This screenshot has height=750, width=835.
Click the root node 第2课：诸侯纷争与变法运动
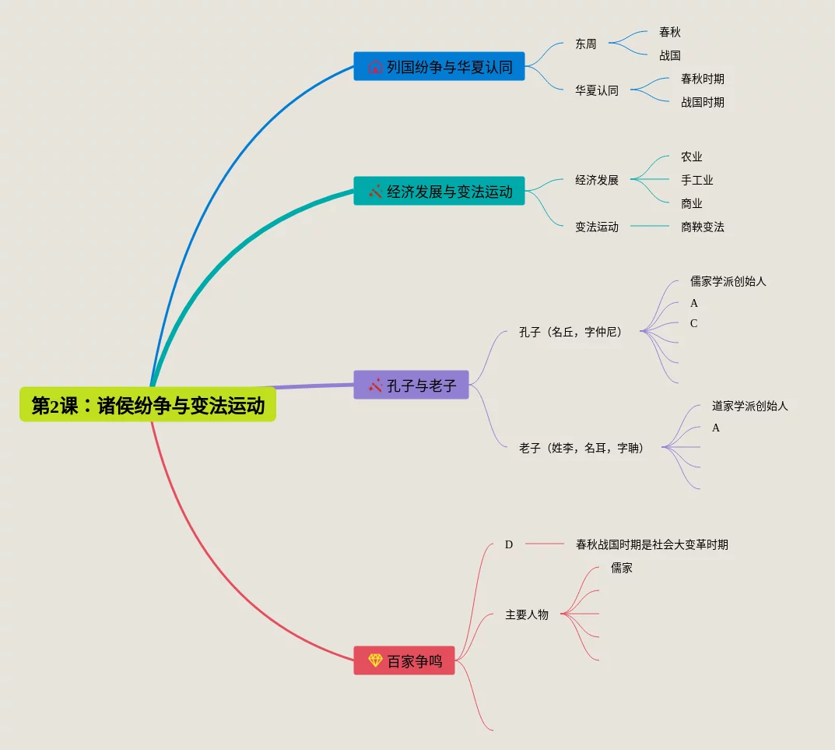coord(148,405)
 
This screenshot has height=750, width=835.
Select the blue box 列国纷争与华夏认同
coord(439,66)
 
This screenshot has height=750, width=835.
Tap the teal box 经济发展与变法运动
coord(439,191)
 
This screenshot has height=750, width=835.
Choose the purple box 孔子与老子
coord(411,385)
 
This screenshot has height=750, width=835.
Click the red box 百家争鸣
coord(404,660)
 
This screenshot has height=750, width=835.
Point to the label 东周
coord(586,44)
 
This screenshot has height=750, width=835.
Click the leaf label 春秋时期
coord(702,79)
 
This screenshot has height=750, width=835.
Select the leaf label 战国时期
coord(702,102)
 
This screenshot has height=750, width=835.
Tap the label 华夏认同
coord(597,90)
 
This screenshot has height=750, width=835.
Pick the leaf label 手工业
coord(696,180)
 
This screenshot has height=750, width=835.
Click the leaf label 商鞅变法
coord(702,227)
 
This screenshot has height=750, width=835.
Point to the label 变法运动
coord(597,227)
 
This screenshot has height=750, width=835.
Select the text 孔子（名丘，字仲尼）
coord(570,332)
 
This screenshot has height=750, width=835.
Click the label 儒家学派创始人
coord(728,281)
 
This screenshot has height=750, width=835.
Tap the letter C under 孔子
coord(693,323)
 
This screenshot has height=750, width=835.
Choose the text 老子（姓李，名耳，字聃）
coord(581,448)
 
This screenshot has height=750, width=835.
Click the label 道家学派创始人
coord(749,406)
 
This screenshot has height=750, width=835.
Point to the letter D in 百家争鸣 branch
coord(509,544)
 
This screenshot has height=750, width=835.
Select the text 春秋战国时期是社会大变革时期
coord(652,544)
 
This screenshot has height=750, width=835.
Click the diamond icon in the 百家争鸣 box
coord(375,660)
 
